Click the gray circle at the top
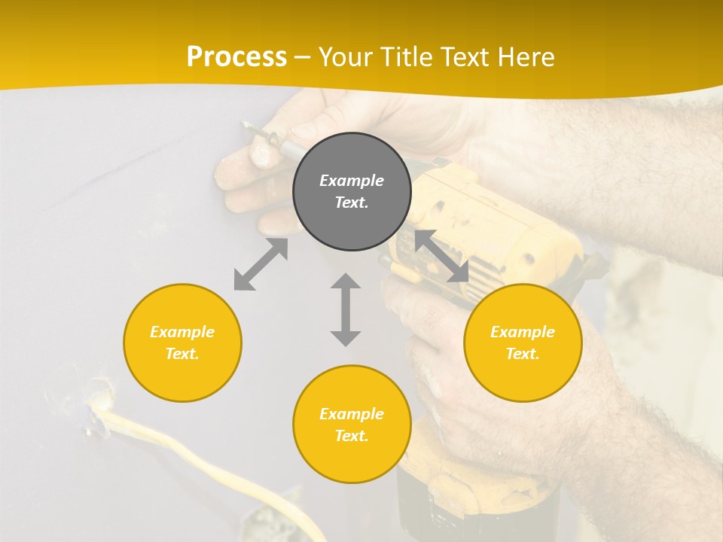352,192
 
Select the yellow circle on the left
182,343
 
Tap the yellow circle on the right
523,343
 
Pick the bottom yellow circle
352,425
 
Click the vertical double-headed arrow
346,309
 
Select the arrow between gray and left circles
261,264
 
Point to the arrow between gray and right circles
441,256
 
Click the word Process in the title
236,57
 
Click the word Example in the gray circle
352,181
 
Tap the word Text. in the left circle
182,354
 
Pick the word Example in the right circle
523,332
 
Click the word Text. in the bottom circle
352,436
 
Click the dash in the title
303,57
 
